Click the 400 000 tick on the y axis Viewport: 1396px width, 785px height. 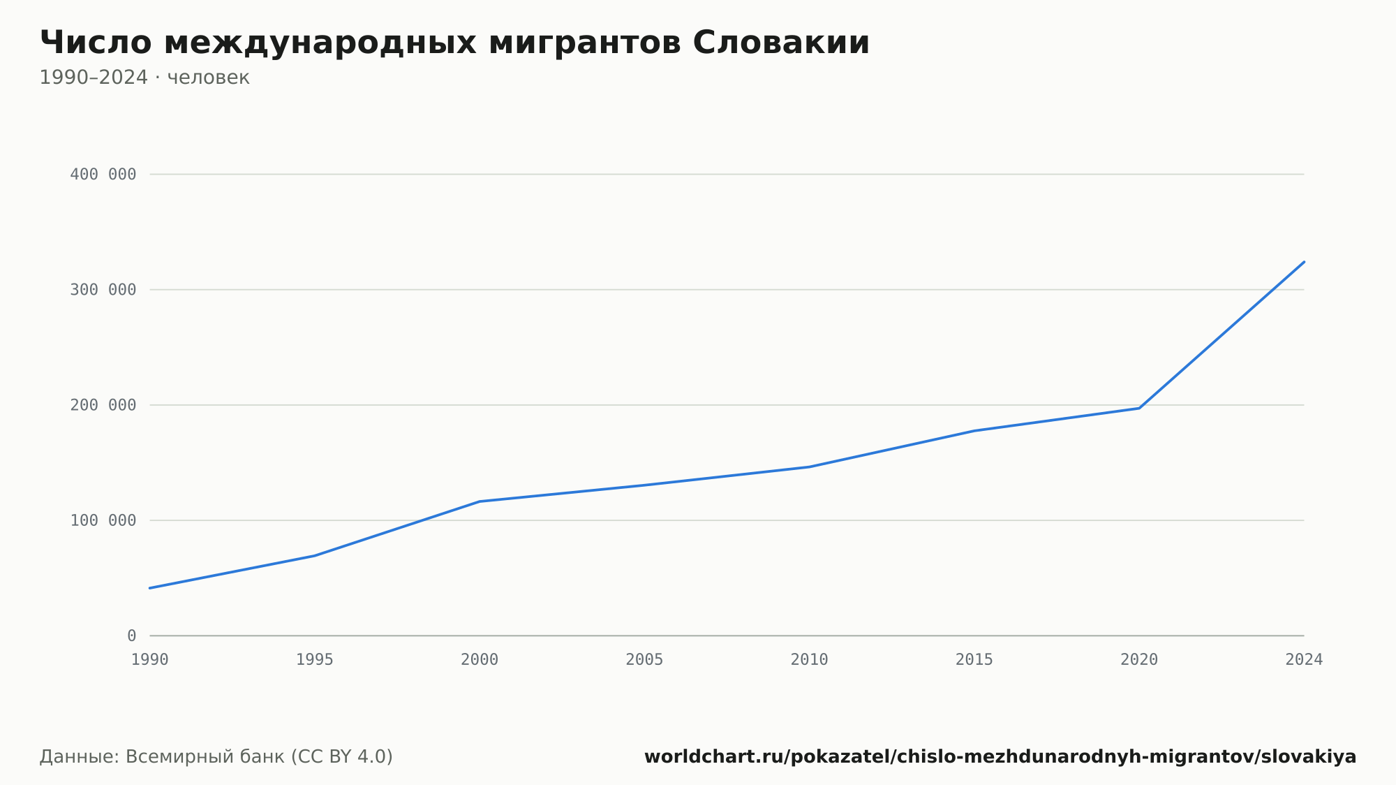tap(103, 175)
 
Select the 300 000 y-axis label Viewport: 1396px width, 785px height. tap(103, 290)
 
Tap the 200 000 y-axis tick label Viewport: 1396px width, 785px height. tap(103, 405)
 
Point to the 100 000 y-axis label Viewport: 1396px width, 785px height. tap(103, 520)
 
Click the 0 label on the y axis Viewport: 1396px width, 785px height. tap(132, 636)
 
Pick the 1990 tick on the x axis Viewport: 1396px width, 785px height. tap(150, 660)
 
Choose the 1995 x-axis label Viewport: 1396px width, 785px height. tap(315, 660)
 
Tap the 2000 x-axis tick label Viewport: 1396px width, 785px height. tap(480, 660)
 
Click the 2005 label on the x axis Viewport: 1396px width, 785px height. tap(644, 660)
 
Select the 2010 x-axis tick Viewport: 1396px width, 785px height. tap(810, 660)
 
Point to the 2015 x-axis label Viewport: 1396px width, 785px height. tap(974, 660)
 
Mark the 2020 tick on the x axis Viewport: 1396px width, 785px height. tap(1139, 660)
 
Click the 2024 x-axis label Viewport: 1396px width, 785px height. tap(1304, 660)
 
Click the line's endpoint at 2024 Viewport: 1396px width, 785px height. tap(1304, 262)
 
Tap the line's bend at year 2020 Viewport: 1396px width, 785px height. tap(1139, 408)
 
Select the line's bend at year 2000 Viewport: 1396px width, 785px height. tap(480, 501)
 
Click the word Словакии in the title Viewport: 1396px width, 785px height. tap(781, 43)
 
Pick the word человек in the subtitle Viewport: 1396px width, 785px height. tap(209, 78)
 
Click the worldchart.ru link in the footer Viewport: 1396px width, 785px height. tap(1000, 757)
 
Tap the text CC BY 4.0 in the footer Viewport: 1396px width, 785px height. tap(341, 757)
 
